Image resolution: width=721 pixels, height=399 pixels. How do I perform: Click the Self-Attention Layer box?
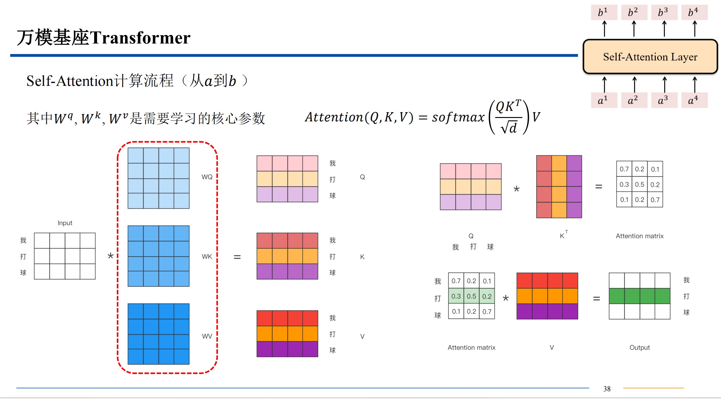[650, 57]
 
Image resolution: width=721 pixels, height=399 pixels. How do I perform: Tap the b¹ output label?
[604, 12]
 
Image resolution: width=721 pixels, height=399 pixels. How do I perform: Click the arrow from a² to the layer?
[634, 84]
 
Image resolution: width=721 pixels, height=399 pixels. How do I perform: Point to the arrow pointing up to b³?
[664, 29]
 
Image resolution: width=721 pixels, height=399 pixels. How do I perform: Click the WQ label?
[207, 177]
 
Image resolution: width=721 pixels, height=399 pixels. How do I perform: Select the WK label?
[207, 257]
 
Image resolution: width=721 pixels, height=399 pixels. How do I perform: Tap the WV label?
[207, 336]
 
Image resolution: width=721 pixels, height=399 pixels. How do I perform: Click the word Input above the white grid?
[65, 223]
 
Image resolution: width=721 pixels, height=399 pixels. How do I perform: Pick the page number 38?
[607, 389]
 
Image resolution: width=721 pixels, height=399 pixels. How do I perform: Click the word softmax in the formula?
[458, 117]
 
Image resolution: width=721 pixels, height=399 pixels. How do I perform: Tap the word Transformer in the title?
[140, 38]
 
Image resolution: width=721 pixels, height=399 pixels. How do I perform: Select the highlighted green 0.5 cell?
[471, 296]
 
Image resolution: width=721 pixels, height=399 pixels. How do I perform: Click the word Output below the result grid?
[639, 347]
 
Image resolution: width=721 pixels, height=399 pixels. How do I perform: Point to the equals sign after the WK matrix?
[237, 257]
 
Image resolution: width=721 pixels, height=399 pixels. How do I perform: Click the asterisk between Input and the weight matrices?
[111, 256]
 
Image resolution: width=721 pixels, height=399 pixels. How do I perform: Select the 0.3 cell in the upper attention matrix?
[624, 184]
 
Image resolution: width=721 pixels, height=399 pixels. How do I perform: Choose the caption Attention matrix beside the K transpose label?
[639, 236]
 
